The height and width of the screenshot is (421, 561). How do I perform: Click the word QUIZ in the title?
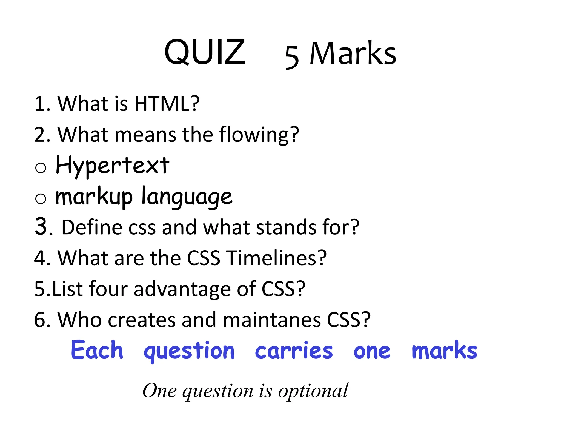pos(205,52)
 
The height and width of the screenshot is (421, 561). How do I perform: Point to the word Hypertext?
pos(113,166)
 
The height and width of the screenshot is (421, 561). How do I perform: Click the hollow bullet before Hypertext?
pos(41,167)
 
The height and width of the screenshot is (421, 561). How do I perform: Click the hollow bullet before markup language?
pos(41,198)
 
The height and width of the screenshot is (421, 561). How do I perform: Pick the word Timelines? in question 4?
pos(277,258)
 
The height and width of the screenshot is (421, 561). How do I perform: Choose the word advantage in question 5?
pos(182,289)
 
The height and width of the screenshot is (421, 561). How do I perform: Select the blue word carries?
pos(294,351)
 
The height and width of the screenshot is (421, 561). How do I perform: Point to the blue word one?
pos(372,352)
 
